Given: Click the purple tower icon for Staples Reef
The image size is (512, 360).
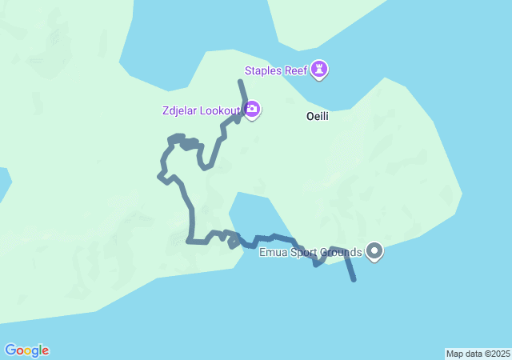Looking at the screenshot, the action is click(x=320, y=70).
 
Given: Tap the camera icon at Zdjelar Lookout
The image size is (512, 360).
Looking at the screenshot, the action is click(x=252, y=109).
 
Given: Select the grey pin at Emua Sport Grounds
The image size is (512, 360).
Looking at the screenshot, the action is click(x=374, y=252).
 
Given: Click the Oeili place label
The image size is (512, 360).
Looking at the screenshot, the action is click(x=318, y=117).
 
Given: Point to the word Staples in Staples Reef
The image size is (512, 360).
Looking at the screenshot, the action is click(x=263, y=70).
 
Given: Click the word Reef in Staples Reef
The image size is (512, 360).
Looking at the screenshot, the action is click(x=295, y=70).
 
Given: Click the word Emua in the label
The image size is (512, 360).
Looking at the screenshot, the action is click(x=273, y=253).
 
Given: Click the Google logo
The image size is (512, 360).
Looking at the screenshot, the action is click(x=26, y=350).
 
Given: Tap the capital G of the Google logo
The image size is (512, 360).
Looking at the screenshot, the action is click(x=10, y=350).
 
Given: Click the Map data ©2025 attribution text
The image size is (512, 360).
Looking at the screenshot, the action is click(x=478, y=354).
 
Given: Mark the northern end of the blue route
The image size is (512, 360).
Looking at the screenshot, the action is click(x=240, y=82).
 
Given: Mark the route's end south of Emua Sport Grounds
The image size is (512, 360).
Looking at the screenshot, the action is click(x=354, y=280).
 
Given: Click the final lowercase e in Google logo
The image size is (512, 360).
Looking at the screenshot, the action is click(x=45, y=351).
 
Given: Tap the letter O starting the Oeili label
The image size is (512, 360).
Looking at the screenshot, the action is click(x=310, y=117).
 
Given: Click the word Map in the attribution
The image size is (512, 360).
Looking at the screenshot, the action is click(x=454, y=354).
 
